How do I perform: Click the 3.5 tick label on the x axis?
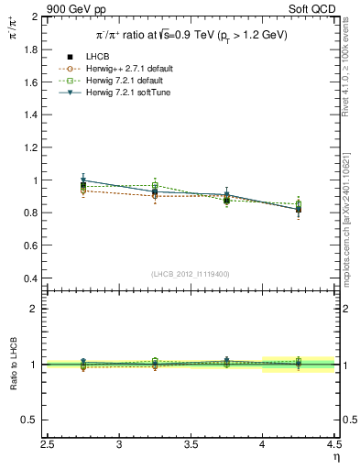pos(191,444)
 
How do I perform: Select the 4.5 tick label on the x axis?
pos(333,444)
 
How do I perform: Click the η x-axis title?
pos(336,457)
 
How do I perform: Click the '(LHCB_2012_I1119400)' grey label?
pos(191,274)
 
